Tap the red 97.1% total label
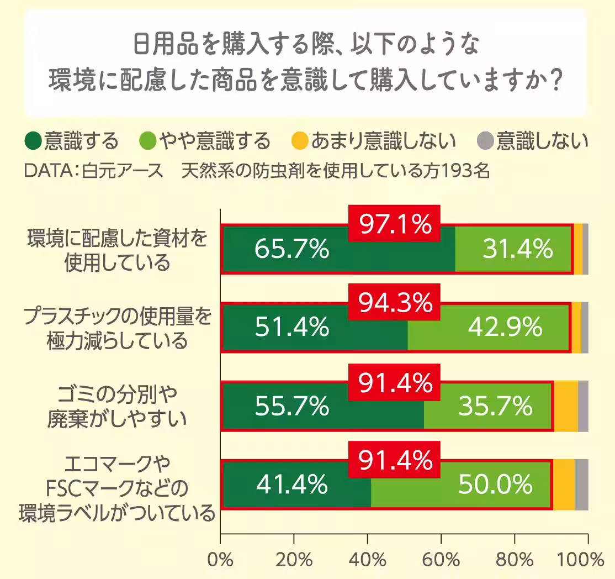point(394,224)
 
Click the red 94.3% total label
point(394,303)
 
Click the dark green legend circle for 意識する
point(34,141)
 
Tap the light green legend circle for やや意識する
point(149,141)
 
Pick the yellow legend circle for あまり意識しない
point(299,141)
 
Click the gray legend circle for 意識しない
point(485,141)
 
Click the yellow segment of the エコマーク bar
point(564,485)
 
